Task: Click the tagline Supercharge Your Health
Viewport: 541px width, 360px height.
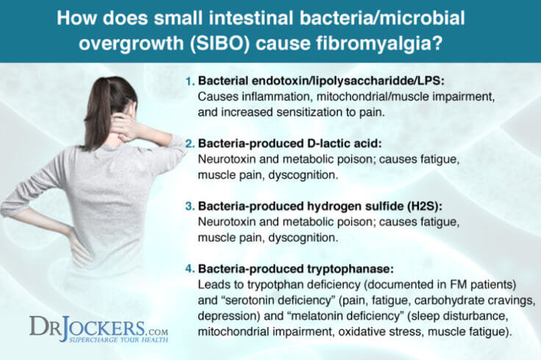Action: [x=110, y=339]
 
